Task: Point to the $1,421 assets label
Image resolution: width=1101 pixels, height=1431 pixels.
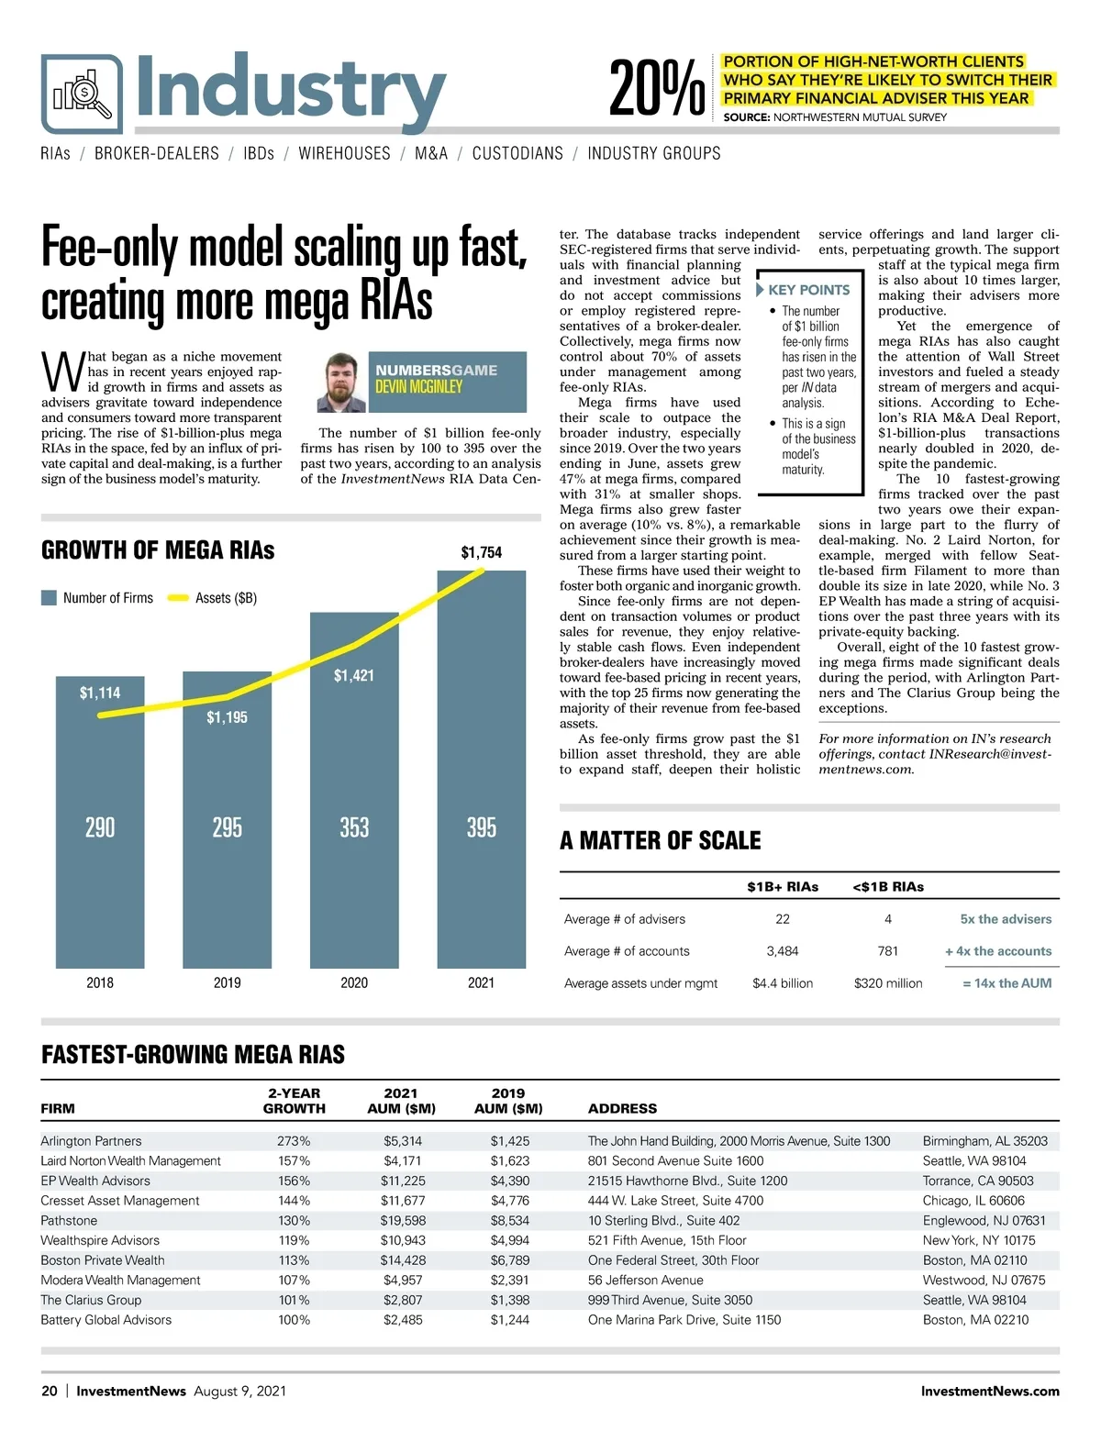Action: coord(354,676)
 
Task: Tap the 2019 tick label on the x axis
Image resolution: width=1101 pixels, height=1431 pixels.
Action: coord(227,982)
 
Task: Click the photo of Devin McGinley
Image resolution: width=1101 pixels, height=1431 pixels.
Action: coord(340,382)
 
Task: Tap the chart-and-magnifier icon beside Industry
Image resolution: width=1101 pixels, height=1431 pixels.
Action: coord(82,94)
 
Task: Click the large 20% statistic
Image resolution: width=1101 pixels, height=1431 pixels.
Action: coord(657,89)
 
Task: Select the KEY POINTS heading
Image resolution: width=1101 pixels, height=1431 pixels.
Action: coord(808,290)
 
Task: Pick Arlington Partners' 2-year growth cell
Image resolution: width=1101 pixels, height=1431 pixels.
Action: coord(294,1141)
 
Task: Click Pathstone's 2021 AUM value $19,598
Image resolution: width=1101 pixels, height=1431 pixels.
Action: coord(403,1221)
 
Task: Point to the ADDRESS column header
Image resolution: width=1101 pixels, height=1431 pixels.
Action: coord(622,1108)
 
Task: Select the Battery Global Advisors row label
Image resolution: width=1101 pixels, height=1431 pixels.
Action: coord(106,1320)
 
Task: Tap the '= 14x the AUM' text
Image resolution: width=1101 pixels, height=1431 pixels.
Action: coord(1006,983)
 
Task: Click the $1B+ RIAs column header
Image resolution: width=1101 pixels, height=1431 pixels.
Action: coord(783,887)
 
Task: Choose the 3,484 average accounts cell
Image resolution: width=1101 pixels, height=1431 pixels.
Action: coord(783,951)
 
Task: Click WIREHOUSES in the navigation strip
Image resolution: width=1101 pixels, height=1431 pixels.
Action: coord(344,153)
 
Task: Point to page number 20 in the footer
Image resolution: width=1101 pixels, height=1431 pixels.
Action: coord(50,1391)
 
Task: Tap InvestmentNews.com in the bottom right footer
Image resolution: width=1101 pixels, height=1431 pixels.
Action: coord(989,1391)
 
